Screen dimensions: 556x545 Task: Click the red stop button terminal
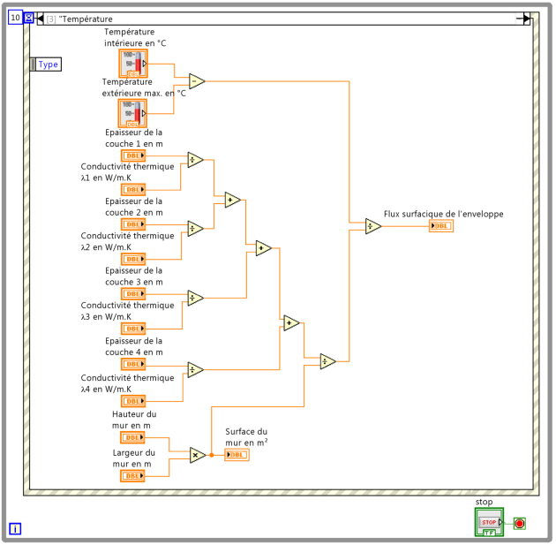(x=520, y=523)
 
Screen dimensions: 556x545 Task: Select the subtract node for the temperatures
(x=197, y=81)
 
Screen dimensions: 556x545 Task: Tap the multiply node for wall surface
(x=198, y=455)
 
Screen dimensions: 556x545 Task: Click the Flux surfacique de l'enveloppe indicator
(x=441, y=226)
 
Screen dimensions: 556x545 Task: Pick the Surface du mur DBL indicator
(x=237, y=455)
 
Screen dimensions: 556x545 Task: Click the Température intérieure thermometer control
(x=133, y=64)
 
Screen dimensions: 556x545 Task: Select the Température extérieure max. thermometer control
(x=132, y=113)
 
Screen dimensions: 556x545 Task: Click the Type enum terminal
(x=46, y=64)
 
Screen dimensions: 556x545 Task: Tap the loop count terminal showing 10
(x=15, y=18)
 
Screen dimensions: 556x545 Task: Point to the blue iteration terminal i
(x=15, y=529)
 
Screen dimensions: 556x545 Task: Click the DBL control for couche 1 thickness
(x=133, y=155)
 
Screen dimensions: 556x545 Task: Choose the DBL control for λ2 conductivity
(x=133, y=259)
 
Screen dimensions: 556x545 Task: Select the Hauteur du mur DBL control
(x=132, y=437)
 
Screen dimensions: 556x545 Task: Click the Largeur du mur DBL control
(x=132, y=476)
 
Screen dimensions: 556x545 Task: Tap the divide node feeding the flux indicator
(x=373, y=226)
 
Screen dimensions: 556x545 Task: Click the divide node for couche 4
(x=195, y=370)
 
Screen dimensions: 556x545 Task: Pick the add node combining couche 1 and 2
(x=233, y=200)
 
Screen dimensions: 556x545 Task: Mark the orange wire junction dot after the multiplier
(x=211, y=455)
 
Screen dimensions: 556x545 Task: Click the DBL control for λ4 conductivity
(x=133, y=401)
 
